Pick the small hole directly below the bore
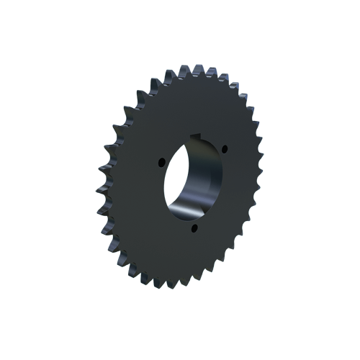[x=194, y=229]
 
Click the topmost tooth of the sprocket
[x=194, y=68]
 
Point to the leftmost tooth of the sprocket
[x=97, y=192]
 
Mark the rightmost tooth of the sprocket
[x=260, y=162]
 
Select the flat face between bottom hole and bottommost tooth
[x=184, y=256]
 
